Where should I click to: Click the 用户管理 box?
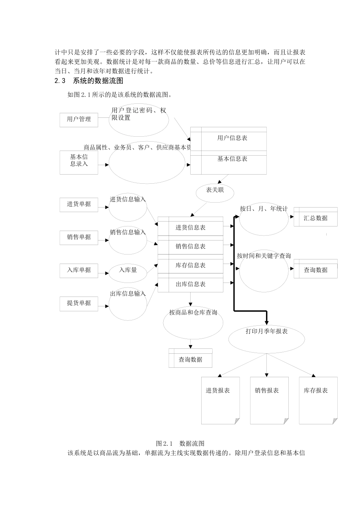pos(79,119)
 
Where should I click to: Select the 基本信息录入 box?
pos(79,162)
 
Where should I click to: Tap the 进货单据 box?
pos(79,204)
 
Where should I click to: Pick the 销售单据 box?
pos(79,237)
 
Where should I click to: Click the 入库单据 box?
pos(79,270)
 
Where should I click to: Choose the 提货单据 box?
pos(79,303)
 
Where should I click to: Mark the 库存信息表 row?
pos(190,265)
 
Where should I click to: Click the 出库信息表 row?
pos(190,284)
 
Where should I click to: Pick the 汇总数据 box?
pos(315,218)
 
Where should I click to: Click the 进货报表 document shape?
pos(220,400)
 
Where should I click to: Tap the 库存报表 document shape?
pos(318,400)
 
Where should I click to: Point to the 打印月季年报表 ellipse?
pos(266,337)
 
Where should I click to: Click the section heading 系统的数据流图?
pos(98,81)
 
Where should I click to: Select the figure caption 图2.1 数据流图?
pos(180,443)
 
